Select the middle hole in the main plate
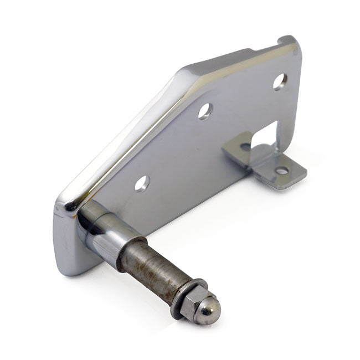205,111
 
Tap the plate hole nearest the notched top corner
280,81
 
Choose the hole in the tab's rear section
244,147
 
